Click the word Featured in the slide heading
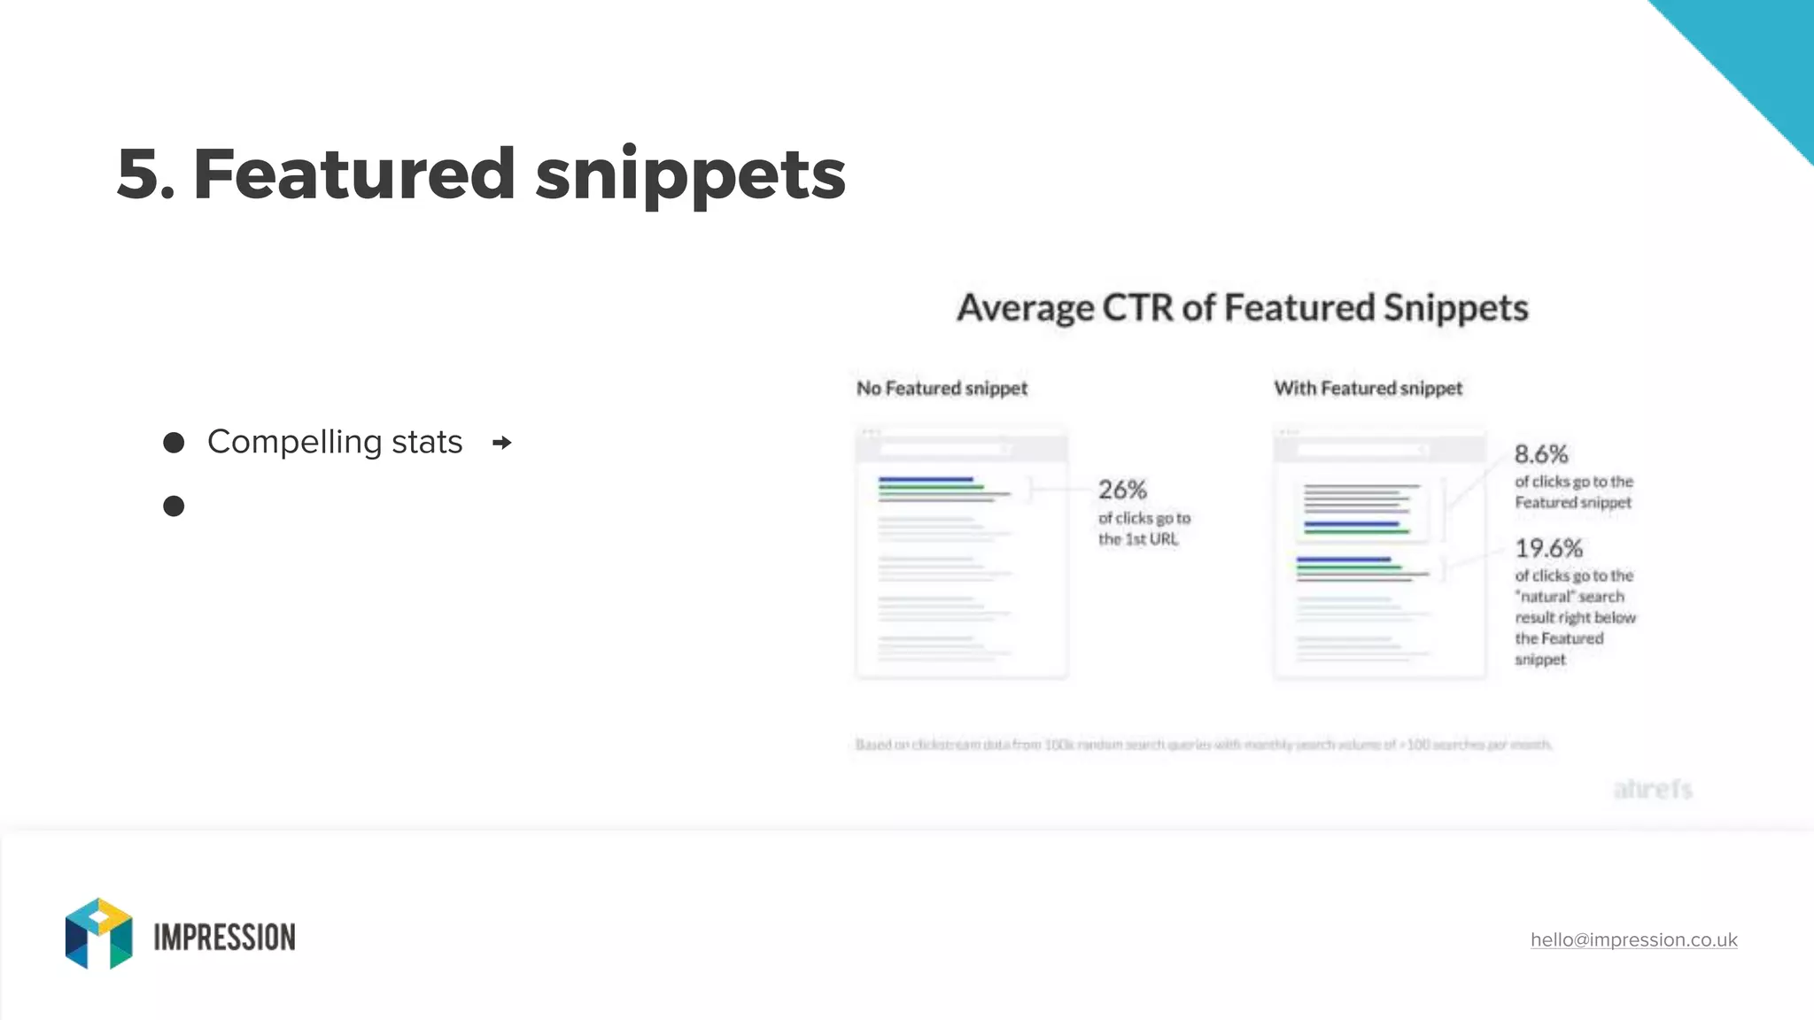click(353, 174)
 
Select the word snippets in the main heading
click(690, 175)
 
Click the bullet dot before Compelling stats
click(174, 443)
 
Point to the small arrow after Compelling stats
click(501, 443)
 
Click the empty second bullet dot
click(174, 506)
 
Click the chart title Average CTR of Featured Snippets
click(1242, 308)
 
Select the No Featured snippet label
click(942, 389)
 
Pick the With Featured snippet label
click(1368, 389)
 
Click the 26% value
click(1122, 490)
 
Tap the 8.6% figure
click(1540, 454)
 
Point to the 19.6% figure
click(1548, 548)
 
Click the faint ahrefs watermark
click(1653, 789)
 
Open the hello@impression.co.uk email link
click(1633, 939)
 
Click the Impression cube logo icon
click(98, 933)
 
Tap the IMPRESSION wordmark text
click(224, 938)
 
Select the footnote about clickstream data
click(1203, 745)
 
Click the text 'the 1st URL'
click(1138, 539)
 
